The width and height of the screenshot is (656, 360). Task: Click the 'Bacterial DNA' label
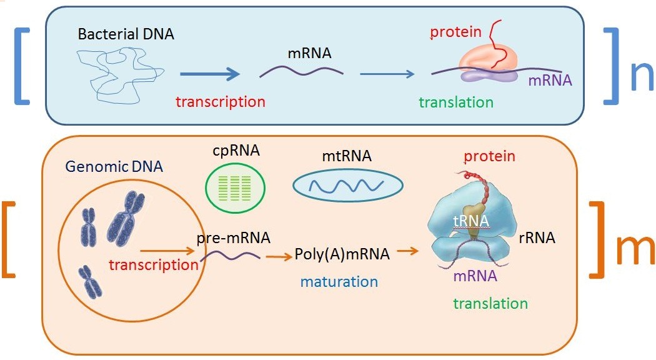pos(126,34)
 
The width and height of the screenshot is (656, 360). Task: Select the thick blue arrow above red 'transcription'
pos(209,74)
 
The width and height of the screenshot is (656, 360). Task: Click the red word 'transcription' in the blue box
pos(220,101)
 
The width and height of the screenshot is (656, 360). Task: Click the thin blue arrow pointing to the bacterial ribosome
pos(387,74)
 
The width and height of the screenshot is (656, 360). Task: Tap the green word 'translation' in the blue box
pos(456,102)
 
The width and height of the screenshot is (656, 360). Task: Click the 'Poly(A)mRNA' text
pos(342,254)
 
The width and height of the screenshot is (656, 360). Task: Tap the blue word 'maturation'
pos(339,281)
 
